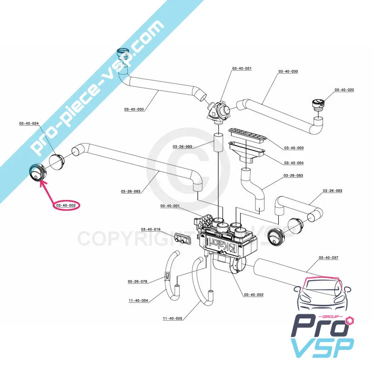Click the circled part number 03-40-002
tap(66, 205)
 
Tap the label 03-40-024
tap(29, 124)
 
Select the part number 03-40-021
tap(242, 69)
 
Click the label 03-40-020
tap(344, 90)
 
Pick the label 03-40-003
tap(294, 148)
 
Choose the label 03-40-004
tap(294, 163)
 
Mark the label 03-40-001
tap(170, 206)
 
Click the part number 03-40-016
tap(151, 229)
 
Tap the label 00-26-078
tap(138, 281)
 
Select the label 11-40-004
tap(138, 300)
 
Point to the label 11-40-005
tap(173, 319)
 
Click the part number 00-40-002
tap(254, 295)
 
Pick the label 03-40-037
tap(329, 258)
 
